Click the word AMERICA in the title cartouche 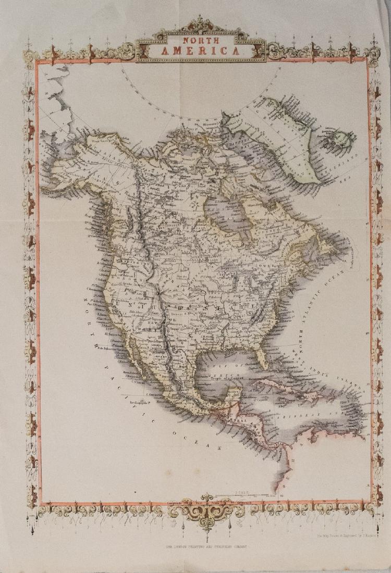tap(201, 51)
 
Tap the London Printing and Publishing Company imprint tap(209, 546)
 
